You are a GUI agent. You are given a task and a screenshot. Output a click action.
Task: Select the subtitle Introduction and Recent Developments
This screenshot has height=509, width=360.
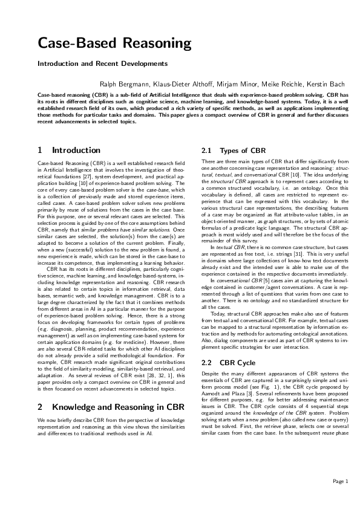coord(102,63)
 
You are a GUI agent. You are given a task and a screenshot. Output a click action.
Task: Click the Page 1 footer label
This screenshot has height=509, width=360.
coord(339,481)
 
